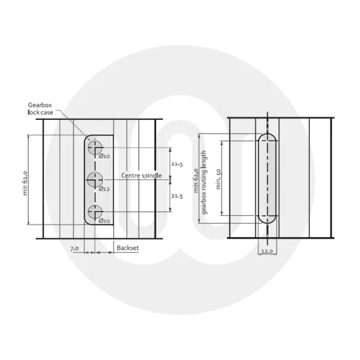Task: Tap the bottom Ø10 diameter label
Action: (105, 221)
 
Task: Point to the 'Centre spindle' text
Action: (141, 177)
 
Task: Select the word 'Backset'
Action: (126, 248)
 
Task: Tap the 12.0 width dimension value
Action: (266, 251)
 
